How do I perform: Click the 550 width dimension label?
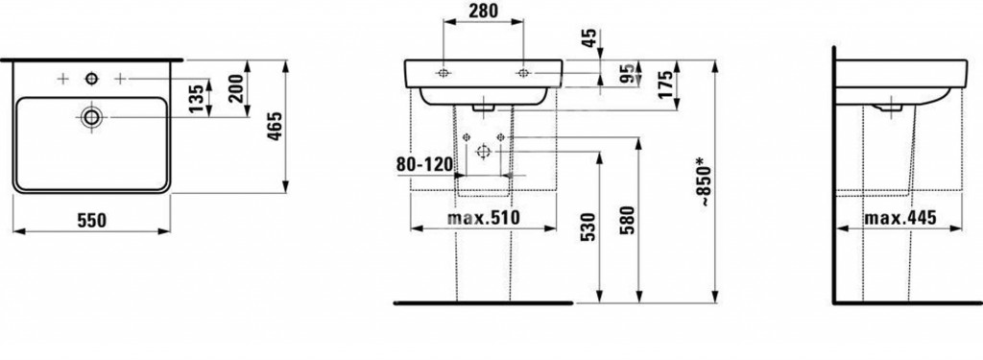coord(91,221)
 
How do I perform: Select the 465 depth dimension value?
coord(276,126)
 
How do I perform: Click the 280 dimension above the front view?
coord(483,11)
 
